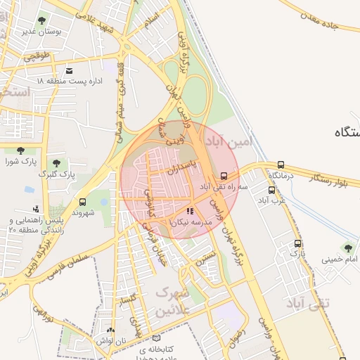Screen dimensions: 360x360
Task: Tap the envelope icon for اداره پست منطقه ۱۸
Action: click(69, 71)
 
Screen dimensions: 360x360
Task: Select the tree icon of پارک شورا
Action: click(20, 150)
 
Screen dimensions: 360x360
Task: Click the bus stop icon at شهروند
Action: click(83, 202)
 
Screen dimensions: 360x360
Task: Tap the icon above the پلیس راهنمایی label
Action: click(36, 209)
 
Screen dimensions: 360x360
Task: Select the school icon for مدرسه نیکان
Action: click(189, 211)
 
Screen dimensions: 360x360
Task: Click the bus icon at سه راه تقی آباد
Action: click(224, 176)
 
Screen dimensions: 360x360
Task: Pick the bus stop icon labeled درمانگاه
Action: click(281, 165)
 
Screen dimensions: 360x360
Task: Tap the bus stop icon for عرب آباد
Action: click(271, 190)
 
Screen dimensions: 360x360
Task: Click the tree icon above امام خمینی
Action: click(347, 248)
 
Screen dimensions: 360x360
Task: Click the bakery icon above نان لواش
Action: click(110, 330)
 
